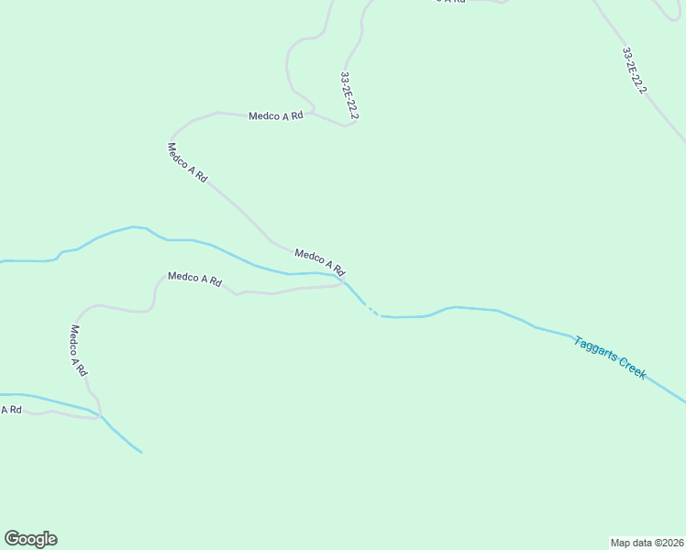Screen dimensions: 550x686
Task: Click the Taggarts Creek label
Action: tap(610, 357)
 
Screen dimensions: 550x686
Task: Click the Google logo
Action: tap(30, 539)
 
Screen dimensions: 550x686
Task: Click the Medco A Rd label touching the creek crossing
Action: tap(319, 261)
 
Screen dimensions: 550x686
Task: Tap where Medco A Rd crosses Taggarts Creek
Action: tap(346, 280)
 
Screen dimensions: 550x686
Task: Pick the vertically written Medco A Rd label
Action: tap(78, 351)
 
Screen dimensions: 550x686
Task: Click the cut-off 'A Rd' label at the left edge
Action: tap(11, 410)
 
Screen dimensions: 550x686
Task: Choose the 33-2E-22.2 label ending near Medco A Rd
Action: tap(349, 96)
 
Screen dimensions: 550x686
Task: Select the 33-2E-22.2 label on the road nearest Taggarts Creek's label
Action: tap(635, 71)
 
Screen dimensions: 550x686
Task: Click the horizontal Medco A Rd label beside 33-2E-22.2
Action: tap(275, 116)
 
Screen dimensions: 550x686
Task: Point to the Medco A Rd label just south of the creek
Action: tap(194, 280)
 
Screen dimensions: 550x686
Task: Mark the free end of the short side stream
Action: tap(141, 452)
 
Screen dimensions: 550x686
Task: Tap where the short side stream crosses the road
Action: tap(100, 415)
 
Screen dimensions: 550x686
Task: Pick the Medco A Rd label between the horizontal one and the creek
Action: tap(187, 162)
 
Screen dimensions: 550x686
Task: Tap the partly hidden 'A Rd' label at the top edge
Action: tap(449, 2)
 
